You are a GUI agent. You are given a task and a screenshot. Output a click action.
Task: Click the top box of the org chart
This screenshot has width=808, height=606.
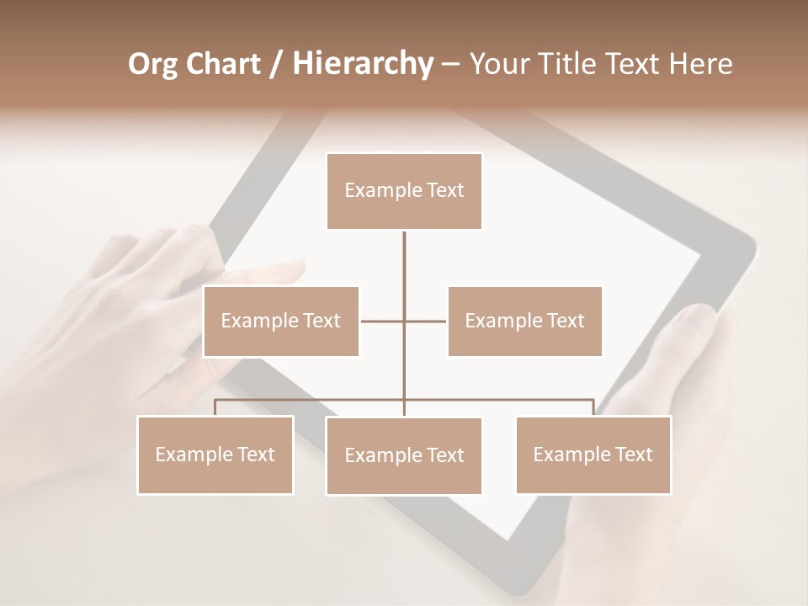click(404, 191)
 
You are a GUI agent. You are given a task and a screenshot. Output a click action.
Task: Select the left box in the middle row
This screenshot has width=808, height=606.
click(281, 321)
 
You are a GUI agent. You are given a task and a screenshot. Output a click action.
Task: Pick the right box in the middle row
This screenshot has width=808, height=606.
click(524, 321)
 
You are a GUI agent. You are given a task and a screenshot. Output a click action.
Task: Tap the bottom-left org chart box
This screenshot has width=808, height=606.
click(215, 454)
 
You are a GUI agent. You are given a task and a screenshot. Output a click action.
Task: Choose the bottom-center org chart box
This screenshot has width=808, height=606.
click(404, 455)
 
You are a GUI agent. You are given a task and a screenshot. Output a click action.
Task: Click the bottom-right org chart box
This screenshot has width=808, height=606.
click(593, 454)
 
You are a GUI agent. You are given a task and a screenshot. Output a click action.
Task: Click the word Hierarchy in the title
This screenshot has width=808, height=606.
click(362, 63)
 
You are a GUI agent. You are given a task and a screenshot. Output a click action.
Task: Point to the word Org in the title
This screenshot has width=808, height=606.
click(152, 63)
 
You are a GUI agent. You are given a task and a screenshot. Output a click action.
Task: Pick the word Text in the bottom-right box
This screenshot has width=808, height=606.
click(634, 454)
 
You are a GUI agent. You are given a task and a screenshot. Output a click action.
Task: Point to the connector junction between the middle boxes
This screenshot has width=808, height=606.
click(404, 321)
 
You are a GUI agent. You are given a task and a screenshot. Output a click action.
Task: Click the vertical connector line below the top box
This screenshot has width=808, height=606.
click(404, 261)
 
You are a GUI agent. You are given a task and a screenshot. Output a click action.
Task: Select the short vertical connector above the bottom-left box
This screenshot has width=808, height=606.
click(215, 407)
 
